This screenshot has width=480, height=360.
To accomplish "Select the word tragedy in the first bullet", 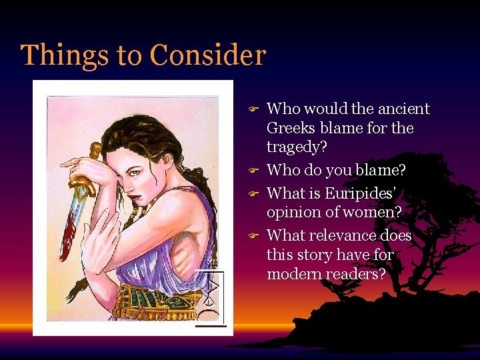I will coord(294,147).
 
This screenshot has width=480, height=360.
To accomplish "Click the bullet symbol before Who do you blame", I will coord(253,171).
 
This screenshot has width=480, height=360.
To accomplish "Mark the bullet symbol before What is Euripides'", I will coord(253,194).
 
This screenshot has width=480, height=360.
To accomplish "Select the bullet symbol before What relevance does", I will coord(253,236).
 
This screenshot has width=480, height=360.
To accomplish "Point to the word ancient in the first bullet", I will coord(405,109).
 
